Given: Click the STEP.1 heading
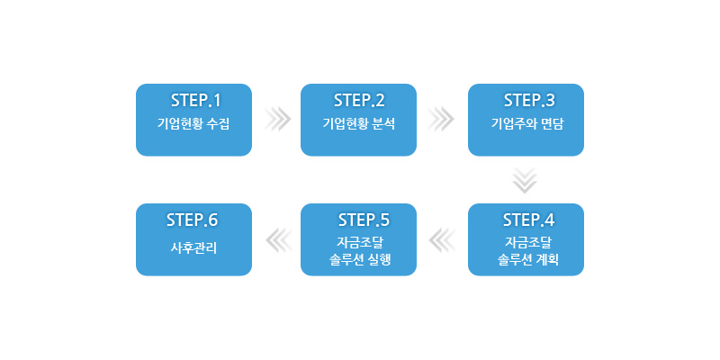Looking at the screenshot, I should pyautogui.click(x=195, y=99).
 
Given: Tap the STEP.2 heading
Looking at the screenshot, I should pyautogui.click(x=359, y=99).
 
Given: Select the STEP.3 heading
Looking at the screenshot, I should pyautogui.click(x=530, y=99).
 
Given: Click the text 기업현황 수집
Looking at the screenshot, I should pyautogui.click(x=193, y=123).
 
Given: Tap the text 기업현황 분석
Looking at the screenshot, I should pyautogui.click(x=358, y=123).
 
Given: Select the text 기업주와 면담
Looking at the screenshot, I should pyautogui.click(x=526, y=123).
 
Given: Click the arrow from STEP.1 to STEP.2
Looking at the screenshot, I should pyautogui.click(x=278, y=120).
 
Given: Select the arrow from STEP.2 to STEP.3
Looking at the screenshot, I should pyautogui.click(x=442, y=120).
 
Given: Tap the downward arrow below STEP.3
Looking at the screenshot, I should pyautogui.click(x=525, y=180).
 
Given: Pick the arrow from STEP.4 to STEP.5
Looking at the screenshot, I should pyautogui.click(x=442, y=239).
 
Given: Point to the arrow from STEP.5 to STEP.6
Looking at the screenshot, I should pyautogui.click(x=278, y=239).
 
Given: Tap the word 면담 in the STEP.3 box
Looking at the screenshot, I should pyautogui.click(x=546, y=123).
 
